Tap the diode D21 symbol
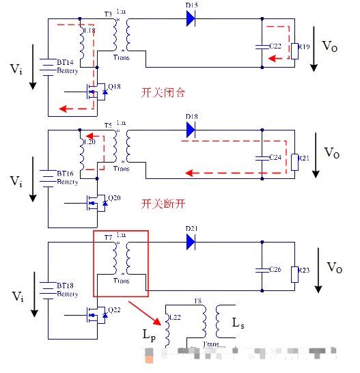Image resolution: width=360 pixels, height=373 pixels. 191,240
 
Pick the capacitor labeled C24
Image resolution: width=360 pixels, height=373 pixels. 262,157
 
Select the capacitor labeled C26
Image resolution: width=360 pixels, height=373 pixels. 262,269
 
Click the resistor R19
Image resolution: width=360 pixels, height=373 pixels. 294,48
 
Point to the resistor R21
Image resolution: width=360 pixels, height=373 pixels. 294,161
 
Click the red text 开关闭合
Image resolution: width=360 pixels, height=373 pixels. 163,92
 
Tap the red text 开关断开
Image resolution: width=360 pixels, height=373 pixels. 163,204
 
